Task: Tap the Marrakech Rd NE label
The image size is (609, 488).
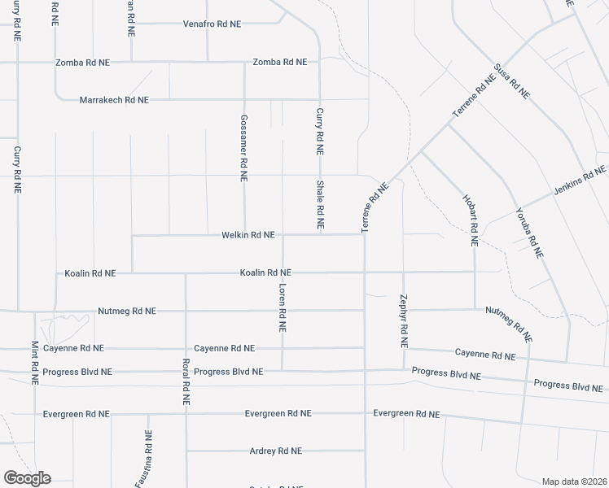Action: [x=114, y=100]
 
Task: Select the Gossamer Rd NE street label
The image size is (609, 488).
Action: [x=243, y=147]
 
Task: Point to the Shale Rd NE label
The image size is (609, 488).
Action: [x=321, y=204]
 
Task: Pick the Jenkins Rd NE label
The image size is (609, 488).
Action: [x=580, y=180]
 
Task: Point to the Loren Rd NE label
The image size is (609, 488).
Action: [x=283, y=307]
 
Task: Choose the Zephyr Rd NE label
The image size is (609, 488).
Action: [x=404, y=320]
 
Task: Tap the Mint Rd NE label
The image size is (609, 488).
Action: [x=35, y=363]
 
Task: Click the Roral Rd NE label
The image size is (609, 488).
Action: [x=186, y=381]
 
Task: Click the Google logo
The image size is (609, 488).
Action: [x=27, y=478]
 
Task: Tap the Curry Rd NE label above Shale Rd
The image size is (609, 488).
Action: [x=320, y=132]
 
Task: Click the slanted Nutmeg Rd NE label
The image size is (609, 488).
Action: [x=508, y=323]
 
